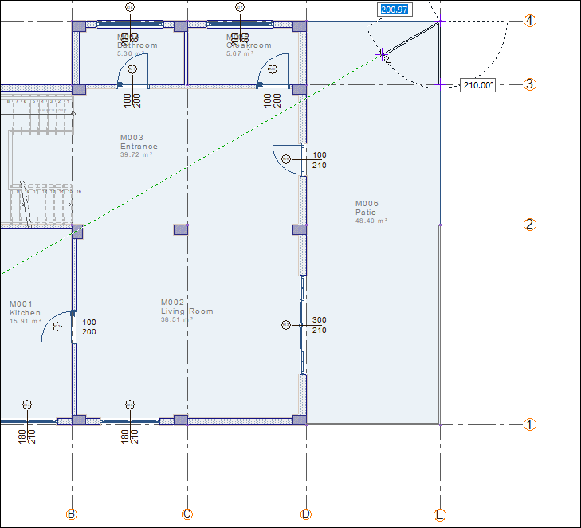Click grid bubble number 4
(529, 21)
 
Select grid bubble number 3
(529, 84)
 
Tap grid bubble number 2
(529, 225)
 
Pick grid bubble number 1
(529, 424)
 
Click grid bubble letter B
(73, 514)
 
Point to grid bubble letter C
(187, 514)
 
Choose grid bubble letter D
(306, 514)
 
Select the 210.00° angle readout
(478, 85)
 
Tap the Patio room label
(367, 213)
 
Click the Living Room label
(186, 311)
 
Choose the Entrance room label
(139, 147)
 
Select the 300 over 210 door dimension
(319, 325)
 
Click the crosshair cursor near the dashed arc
(383, 54)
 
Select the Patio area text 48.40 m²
(371, 221)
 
